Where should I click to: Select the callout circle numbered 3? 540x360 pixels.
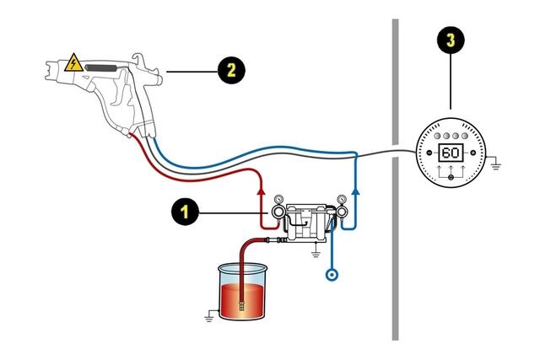[451, 40]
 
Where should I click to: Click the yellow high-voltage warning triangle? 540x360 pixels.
[74, 62]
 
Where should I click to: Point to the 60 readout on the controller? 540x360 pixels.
[451, 153]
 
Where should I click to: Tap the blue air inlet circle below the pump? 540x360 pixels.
[333, 274]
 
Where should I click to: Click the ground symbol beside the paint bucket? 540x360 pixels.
[206, 318]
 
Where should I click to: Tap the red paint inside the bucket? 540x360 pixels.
[245, 299]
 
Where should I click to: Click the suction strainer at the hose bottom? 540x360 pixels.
[241, 305]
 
